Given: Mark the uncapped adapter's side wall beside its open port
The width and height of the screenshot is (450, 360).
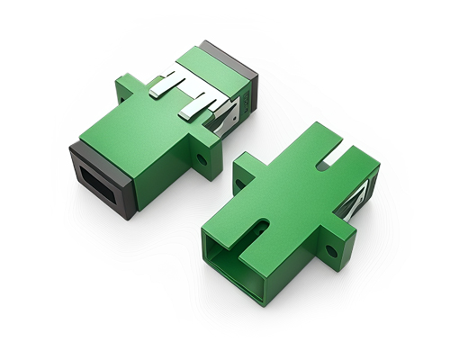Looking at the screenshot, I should tap(301, 261).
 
